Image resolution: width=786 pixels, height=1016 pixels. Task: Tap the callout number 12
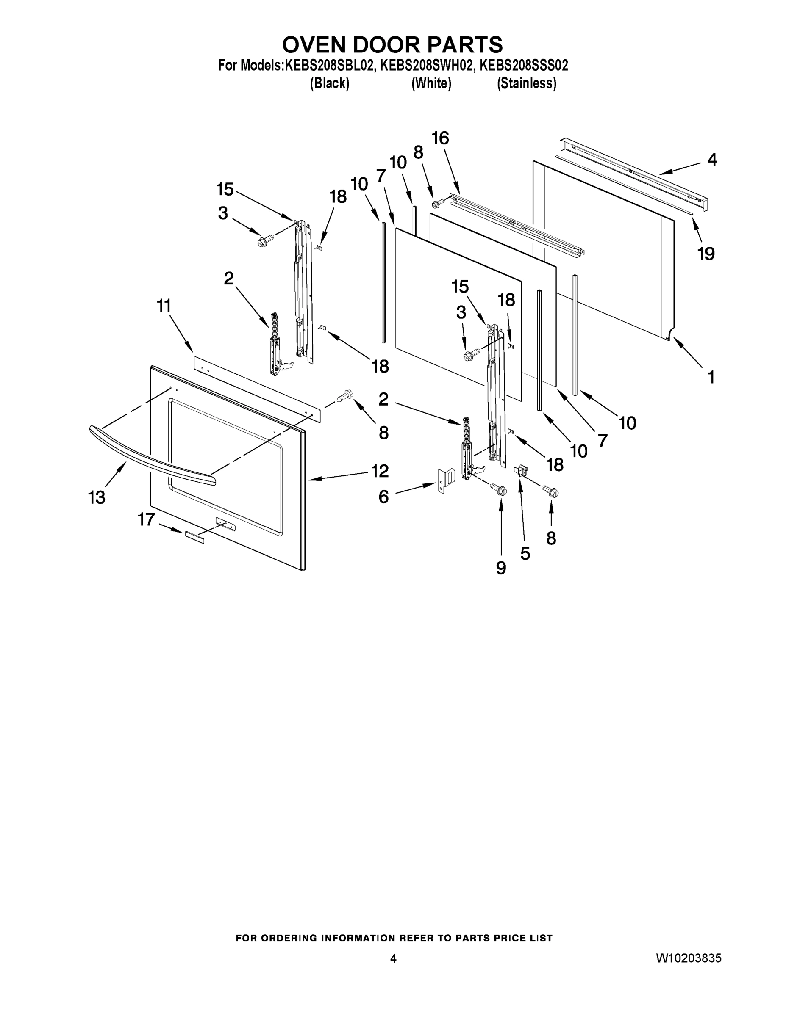[x=380, y=471]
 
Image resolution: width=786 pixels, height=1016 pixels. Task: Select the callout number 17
[x=146, y=519]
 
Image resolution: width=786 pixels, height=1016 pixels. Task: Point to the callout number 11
[x=164, y=306]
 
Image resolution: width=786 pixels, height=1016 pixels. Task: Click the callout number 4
[x=712, y=160]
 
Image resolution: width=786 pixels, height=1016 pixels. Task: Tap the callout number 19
[x=706, y=254]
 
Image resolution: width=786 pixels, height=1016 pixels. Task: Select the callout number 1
[x=711, y=377]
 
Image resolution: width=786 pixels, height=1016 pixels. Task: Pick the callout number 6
[x=383, y=497]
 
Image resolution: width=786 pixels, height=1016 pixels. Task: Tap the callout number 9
[x=501, y=568]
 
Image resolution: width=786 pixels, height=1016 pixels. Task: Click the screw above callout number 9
[x=500, y=490]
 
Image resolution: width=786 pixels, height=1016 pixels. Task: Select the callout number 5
[x=525, y=553]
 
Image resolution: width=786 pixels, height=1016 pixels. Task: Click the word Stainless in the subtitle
[x=527, y=84]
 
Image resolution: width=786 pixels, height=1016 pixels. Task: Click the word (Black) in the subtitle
[x=330, y=84]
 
